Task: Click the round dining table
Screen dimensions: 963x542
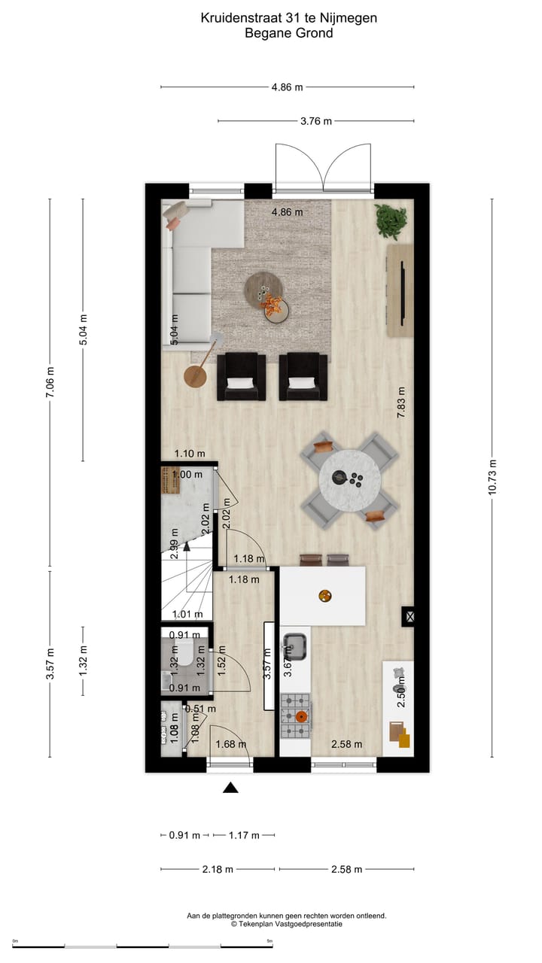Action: (x=349, y=479)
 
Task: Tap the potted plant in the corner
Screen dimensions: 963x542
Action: (x=391, y=220)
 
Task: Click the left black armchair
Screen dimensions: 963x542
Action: (x=241, y=376)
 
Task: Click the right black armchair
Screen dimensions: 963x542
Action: (x=303, y=376)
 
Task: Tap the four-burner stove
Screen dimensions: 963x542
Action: (x=295, y=715)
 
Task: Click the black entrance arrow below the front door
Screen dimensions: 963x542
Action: (x=230, y=788)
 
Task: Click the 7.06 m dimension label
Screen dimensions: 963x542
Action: (x=50, y=384)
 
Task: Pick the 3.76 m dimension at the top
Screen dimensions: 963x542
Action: (x=316, y=121)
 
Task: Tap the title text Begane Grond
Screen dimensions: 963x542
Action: (x=289, y=32)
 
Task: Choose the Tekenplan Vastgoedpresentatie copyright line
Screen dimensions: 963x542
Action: (x=286, y=923)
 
